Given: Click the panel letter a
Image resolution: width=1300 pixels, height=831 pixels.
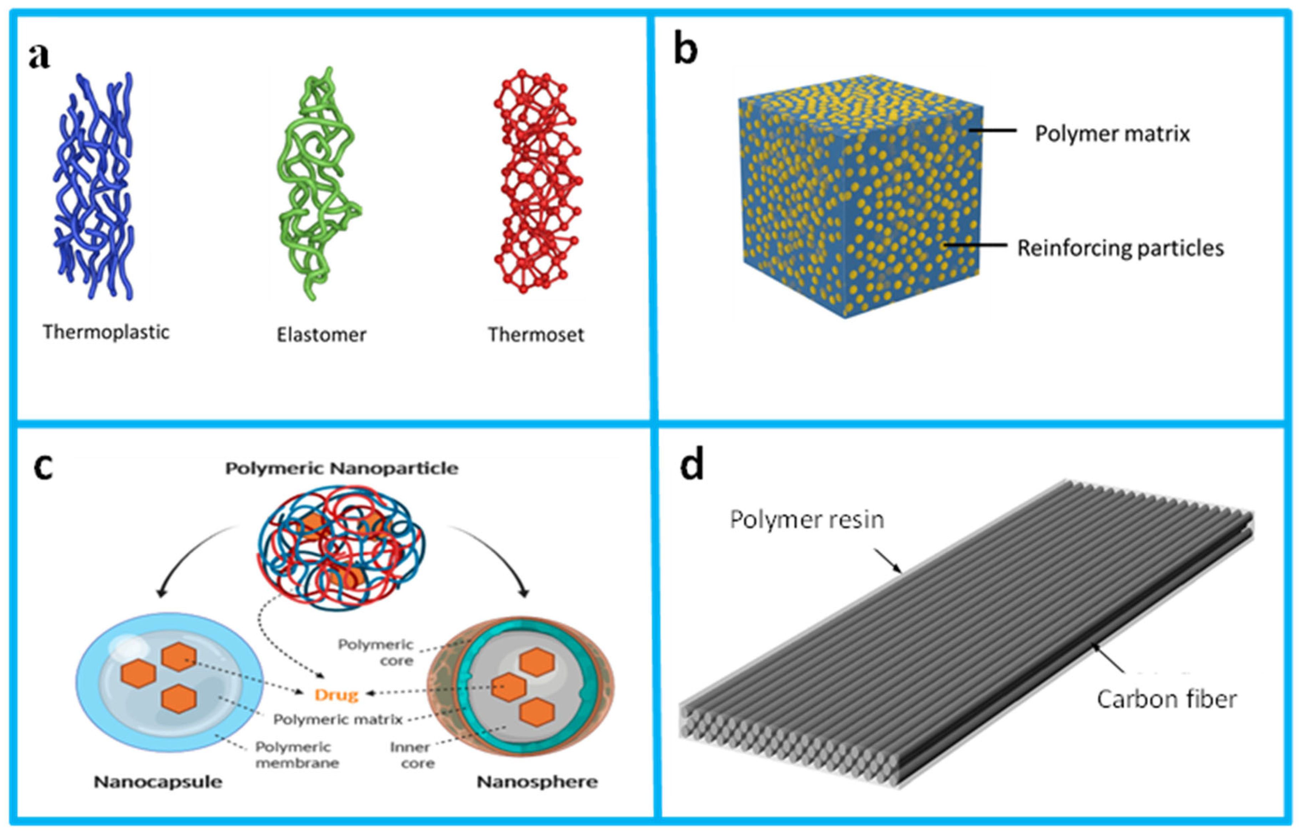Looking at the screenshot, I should point(39,57).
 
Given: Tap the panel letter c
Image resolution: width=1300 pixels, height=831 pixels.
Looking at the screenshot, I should point(43,467).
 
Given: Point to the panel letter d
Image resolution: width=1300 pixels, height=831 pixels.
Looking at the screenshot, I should point(692,465).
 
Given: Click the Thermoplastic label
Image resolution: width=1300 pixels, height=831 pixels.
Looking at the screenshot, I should point(106,332).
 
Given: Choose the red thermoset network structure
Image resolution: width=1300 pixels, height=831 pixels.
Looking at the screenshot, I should point(537,181).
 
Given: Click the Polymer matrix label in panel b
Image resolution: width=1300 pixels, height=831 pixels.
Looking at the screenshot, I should point(1112,134).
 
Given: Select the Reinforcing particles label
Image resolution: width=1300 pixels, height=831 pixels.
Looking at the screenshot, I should point(1120,248).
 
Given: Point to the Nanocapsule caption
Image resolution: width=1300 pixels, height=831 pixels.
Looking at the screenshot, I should point(158,782).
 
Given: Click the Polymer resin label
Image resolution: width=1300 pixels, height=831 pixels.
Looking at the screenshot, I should point(807,520).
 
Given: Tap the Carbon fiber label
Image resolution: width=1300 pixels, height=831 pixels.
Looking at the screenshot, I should point(1166,699).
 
